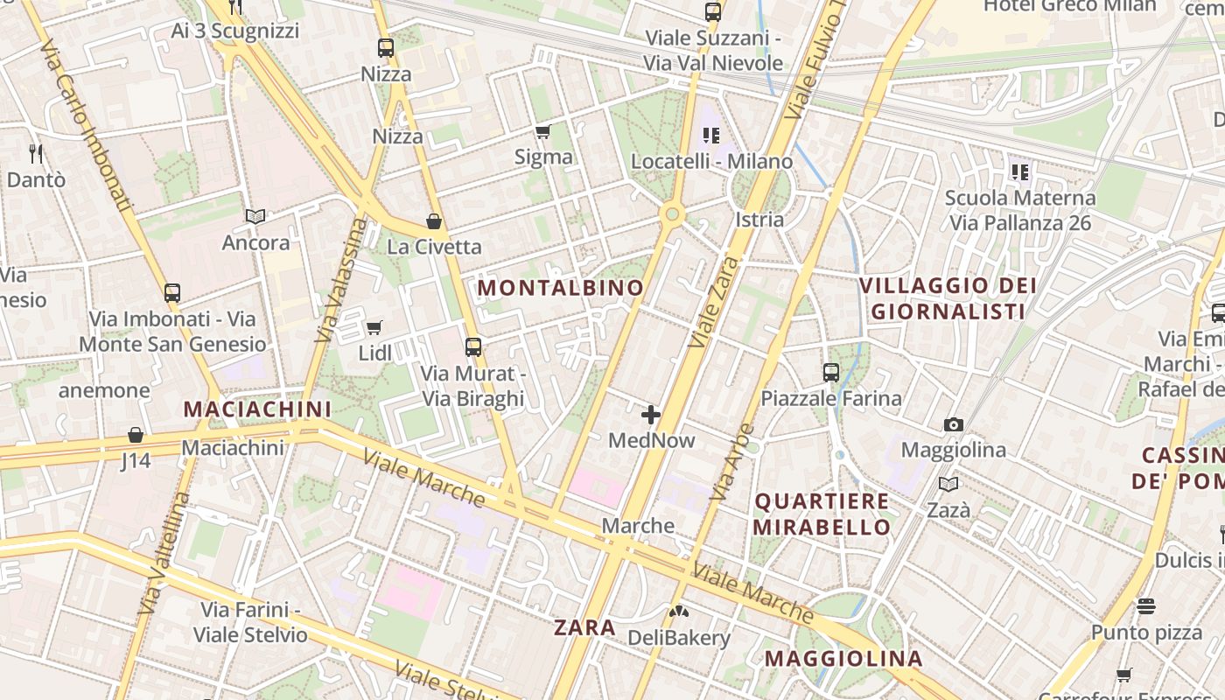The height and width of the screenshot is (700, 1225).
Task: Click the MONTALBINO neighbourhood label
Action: pyautogui.click(x=561, y=287)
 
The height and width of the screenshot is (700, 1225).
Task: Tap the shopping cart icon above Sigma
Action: pyautogui.click(x=542, y=132)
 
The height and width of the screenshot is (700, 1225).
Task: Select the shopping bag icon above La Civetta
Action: pyautogui.click(x=433, y=221)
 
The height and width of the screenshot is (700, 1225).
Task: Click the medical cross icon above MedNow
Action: pyautogui.click(x=651, y=415)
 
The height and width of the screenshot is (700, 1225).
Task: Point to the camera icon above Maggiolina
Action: pyautogui.click(x=953, y=425)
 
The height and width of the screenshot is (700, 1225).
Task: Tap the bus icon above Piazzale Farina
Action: pyautogui.click(x=830, y=373)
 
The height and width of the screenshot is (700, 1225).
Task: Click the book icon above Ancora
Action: pyautogui.click(x=255, y=216)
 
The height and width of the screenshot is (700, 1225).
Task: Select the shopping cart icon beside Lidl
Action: pyautogui.click(x=374, y=328)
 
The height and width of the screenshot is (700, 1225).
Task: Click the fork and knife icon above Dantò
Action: pyautogui.click(x=36, y=154)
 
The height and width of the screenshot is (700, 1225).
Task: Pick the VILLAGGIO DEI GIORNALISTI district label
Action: pyautogui.click(x=948, y=298)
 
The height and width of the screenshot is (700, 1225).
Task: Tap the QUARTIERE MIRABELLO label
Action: pyautogui.click(x=822, y=514)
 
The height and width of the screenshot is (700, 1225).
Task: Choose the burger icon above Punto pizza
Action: pyautogui.click(x=1146, y=605)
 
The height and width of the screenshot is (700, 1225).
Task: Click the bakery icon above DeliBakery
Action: pyautogui.click(x=679, y=611)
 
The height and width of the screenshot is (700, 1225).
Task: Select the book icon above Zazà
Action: pyautogui.click(x=948, y=484)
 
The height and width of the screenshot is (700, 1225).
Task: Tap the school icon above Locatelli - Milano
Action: pyautogui.click(x=710, y=136)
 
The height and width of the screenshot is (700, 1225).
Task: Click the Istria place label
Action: pyautogui.click(x=759, y=219)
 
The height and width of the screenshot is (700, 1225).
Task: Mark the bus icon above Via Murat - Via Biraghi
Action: pyautogui.click(x=473, y=347)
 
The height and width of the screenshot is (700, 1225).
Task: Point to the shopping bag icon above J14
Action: pyautogui.click(x=136, y=435)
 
